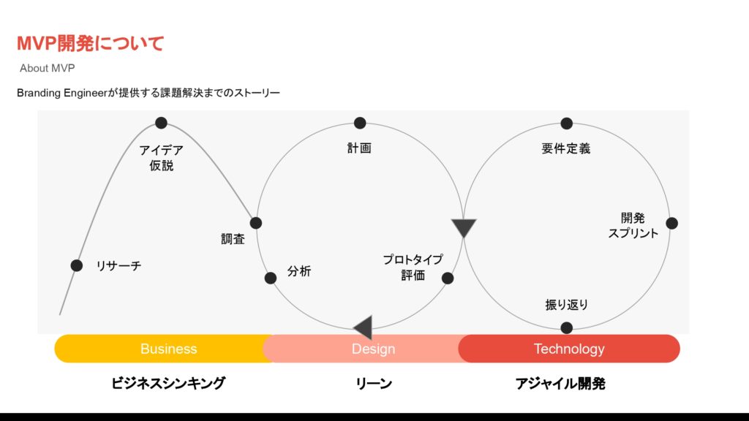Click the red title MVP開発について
pos(91,44)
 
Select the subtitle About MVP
pos(48,68)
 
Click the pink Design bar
pos(373,349)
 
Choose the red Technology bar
pos(569,349)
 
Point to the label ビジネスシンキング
pos(168,383)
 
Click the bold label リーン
pos(374,383)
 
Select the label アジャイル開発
pos(560,383)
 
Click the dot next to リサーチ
pos(77,265)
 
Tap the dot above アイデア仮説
pos(161,123)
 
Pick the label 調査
pos(233,239)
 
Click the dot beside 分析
pos(271,278)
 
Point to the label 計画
pos(359,148)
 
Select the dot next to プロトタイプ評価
pos(448,278)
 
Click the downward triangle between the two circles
pos(464,227)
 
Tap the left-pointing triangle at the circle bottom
pos(364,327)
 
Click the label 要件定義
pos(565,148)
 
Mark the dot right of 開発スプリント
pos(671,223)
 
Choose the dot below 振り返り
pos(567,327)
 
